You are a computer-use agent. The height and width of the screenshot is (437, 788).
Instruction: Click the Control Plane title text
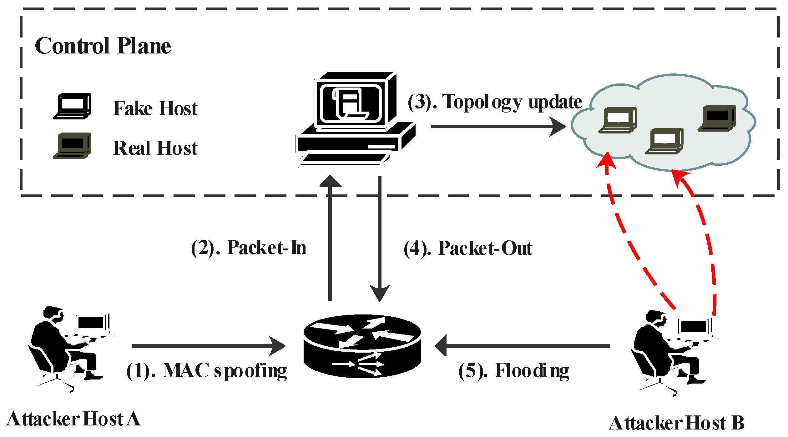click(x=103, y=46)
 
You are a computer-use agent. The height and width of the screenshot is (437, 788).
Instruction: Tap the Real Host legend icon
click(x=73, y=145)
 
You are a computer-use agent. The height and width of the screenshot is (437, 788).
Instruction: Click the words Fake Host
click(x=155, y=108)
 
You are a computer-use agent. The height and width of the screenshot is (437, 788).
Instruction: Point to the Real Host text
click(x=155, y=148)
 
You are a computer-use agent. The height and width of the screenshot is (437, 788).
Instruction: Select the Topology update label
click(x=495, y=102)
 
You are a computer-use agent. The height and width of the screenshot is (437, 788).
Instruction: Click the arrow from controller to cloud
click(x=497, y=126)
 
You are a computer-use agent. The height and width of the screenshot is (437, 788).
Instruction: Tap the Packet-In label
click(x=249, y=248)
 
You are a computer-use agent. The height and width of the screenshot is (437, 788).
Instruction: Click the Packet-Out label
click(x=468, y=249)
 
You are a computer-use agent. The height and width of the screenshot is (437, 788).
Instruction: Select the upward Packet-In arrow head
click(x=330, y=182)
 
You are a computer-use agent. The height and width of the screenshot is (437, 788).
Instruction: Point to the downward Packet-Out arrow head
click(x=380, y=292)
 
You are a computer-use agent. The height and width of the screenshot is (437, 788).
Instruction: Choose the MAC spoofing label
click(x=207, y=371)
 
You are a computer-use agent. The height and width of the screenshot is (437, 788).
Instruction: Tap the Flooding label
click(x=514, y=371)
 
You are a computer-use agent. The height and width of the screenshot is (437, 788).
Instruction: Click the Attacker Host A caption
click(x=73, y=419)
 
